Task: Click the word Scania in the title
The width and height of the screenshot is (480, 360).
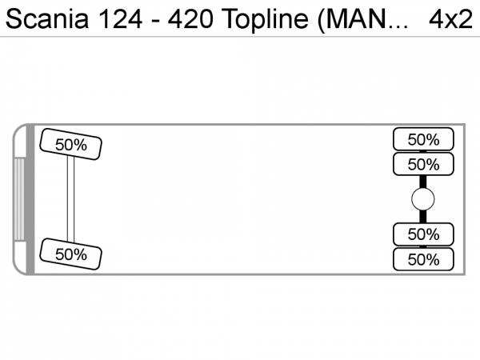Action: coord(47,19)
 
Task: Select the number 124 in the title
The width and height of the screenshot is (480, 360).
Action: coord(120,19)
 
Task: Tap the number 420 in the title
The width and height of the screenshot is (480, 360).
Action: coord(190,19)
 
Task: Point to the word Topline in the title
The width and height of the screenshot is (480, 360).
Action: coord(265,19)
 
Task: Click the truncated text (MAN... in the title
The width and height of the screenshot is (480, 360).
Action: coord(363,20)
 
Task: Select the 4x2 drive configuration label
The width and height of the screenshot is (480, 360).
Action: coord(450,19)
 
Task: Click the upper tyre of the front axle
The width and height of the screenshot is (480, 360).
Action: coord(70,144)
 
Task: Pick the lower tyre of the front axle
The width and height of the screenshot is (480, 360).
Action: coord(70,254)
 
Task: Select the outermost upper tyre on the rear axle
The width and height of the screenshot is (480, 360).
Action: coord(423,139)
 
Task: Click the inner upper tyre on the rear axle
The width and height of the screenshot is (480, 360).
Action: coord(423,164)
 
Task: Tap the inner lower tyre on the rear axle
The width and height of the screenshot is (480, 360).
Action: coord(423,234)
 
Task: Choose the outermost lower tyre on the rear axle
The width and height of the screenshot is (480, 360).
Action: coord(423,259)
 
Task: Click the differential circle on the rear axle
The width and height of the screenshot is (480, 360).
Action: coord(423,199)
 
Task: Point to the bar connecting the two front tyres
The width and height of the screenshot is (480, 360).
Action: coord(70,199)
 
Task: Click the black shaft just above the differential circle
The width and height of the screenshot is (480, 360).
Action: coord(423,182)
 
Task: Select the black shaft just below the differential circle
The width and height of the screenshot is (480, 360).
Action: coord(423,217)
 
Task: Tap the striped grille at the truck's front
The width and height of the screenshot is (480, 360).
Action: coord(19,199)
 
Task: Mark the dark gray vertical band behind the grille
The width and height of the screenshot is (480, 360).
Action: coord(30,199)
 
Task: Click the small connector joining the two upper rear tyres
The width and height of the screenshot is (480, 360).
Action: coord(423,151)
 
